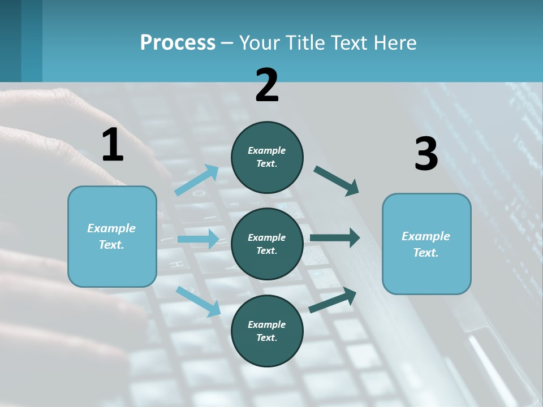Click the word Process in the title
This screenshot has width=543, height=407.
tap(178, 43)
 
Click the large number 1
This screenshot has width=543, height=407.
tap(113, 145)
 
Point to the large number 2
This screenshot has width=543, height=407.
tap(267, 85)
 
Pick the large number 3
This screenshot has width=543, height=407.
tap(426, 154)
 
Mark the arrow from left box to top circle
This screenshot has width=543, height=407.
tap(196, 180)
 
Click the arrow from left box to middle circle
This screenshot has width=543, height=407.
tap(198, 239)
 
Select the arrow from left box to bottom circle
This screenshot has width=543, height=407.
tap(198, 301)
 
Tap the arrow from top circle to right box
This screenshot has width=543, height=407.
tap(337, 181)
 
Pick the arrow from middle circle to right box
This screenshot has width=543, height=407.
tap(335, 238)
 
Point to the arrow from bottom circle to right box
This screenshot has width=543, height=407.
tap(333, 300)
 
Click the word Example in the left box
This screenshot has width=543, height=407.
tap(111, 228)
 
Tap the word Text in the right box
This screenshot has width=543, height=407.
tap(426, 253)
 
